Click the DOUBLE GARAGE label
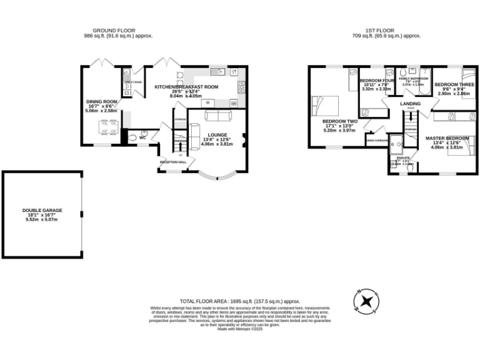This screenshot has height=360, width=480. (42, 211)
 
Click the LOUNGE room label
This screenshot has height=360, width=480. (217, 134)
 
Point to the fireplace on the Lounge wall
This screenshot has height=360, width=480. (244, 138)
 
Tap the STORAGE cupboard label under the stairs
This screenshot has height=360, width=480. (180, 119)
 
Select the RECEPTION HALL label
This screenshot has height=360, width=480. (173, 162)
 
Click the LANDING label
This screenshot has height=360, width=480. (411, 103)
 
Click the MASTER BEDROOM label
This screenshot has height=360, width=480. (447, 137)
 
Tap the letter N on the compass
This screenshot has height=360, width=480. (359, 291)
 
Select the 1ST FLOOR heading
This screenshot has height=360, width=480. (384, 30)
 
